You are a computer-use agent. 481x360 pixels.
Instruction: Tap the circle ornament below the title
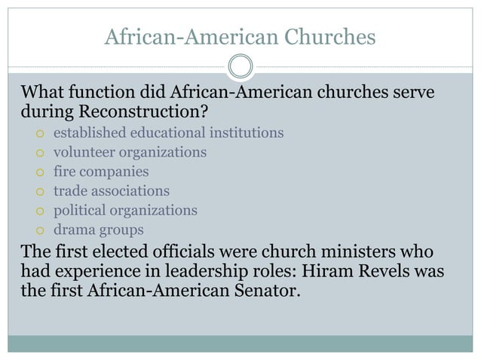coord(240,66)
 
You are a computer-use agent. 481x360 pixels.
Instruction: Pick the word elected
coord(124,252)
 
